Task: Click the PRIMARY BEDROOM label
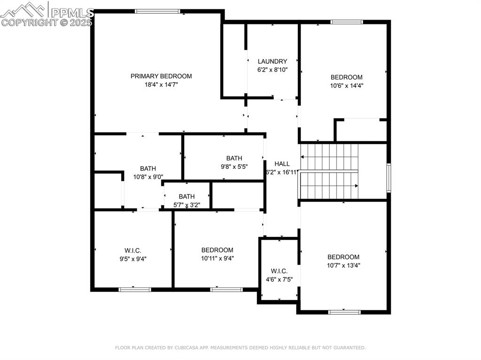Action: pos(161,76)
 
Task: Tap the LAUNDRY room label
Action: pos(272,61)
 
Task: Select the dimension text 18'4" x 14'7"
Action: pos(162,84)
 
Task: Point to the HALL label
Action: pos(282,164)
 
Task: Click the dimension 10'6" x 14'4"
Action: pos(347,85)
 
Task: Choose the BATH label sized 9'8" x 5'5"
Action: pos(234,158)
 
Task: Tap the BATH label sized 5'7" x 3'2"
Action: pos(187,197)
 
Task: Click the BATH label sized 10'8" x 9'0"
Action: pos(148,169)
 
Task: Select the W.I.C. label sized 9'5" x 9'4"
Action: pos(133,251)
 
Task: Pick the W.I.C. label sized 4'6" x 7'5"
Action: pos(279,271)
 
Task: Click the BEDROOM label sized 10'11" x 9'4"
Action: pos(217,250)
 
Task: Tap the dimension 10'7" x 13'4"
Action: pos(343,265)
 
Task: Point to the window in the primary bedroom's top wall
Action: pos(157,11)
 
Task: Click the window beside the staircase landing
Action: pos(388,178)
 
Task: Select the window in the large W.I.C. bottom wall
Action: pos(135,290)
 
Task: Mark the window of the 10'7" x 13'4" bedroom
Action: pos(344,312)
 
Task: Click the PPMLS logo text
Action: pos(72,13)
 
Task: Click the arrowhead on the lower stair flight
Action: pos(357,186)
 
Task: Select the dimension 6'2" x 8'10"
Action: pos(272,69)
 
